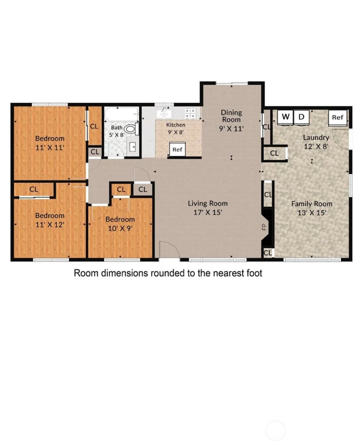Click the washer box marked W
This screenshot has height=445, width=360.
point(285,117)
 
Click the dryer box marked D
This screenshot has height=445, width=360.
point(301,117)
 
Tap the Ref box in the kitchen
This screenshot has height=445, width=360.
point(177,149)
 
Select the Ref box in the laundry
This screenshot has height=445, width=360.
point(338,117)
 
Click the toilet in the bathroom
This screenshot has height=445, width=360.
point(131,129)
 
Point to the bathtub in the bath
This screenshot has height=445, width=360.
point(122,114)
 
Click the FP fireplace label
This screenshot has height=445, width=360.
point(264,227)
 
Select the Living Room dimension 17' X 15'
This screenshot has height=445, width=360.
point(207,212)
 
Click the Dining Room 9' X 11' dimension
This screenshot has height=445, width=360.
point(231,129)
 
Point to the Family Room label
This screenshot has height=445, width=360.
point(312,204)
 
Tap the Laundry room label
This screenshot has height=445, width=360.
point(316,138)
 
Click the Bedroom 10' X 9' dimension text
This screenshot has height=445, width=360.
point(120,228)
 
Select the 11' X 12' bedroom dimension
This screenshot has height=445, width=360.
point(50,225)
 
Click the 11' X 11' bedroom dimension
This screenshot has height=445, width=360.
point(50,147)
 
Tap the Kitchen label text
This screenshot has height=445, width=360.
point(176,125)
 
